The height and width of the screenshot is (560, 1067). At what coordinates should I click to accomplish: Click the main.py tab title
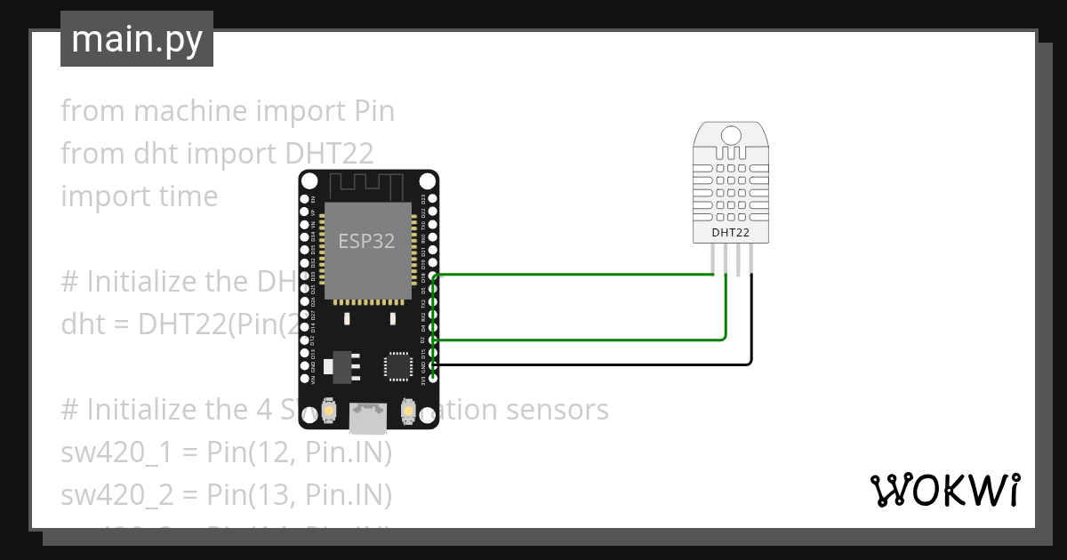tap(136, 39)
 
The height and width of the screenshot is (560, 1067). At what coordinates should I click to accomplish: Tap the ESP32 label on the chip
tap(366, 240)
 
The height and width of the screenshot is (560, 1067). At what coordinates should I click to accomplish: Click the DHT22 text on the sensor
tap(730, 233)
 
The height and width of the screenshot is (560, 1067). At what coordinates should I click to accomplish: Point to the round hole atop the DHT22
tap(730, 135)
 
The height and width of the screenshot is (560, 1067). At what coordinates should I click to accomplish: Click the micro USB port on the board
tap(368, 412)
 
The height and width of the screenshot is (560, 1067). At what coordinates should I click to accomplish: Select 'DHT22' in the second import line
tap(329, 154)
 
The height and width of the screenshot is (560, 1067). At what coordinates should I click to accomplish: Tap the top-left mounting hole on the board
tap(308, 180)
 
